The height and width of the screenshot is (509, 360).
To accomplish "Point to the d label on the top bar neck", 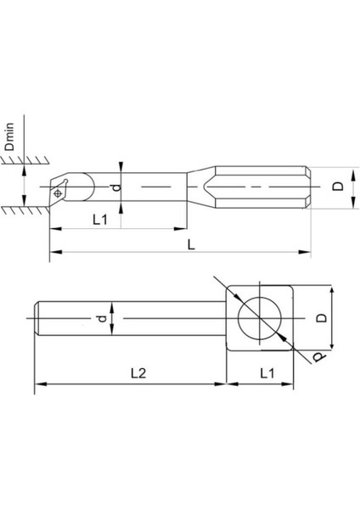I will point(117,186).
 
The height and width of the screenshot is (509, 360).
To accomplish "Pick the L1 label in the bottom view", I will point(266,372).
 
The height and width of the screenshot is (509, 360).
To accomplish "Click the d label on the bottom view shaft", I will point(102,319).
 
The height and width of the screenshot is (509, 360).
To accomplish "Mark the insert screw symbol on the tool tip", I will point(58,193).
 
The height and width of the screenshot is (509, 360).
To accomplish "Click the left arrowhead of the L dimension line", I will point(53,252).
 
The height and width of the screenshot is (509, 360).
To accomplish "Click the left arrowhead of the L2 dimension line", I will point(38,384).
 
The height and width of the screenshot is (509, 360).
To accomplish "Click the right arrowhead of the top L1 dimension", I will point(183,227).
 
